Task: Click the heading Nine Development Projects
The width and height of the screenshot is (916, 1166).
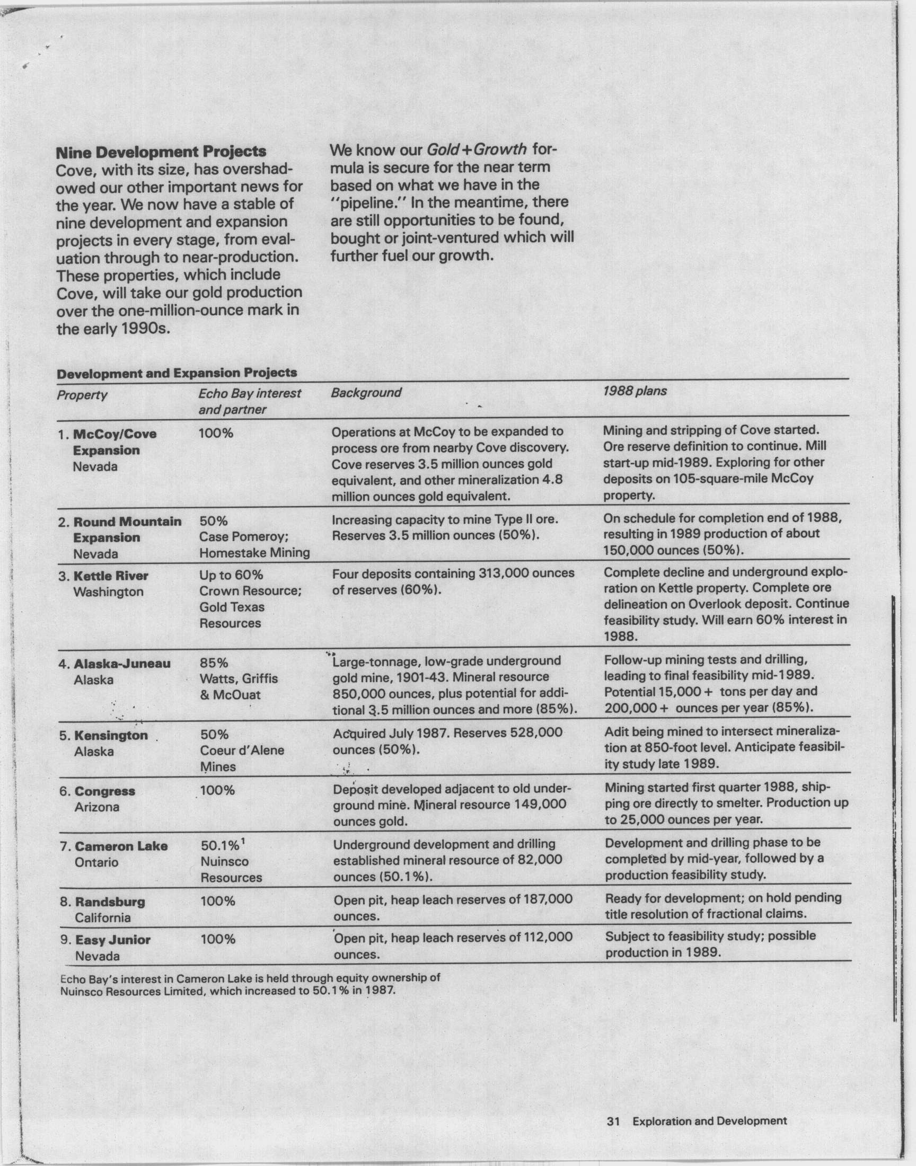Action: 161,152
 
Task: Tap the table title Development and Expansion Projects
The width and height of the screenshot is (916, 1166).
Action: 177,373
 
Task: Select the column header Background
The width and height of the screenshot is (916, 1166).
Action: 366,392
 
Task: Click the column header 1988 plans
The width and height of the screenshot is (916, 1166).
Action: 635,391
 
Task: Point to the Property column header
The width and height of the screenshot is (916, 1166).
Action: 82,395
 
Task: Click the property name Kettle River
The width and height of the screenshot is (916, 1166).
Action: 110,576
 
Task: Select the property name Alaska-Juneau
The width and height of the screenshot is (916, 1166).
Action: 122,664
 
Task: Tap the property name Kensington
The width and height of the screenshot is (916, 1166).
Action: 111,736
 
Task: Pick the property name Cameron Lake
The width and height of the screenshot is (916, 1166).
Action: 121,846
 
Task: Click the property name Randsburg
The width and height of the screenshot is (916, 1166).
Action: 110,902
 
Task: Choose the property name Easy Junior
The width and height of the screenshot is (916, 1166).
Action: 112,940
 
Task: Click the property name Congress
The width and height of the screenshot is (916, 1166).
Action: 104,791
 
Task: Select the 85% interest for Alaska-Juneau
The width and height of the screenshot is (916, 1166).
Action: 214,663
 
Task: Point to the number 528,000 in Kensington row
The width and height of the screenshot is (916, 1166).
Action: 536,732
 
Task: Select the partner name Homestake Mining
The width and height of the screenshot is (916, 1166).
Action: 255,553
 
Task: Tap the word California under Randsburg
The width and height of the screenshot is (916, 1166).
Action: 102,918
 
